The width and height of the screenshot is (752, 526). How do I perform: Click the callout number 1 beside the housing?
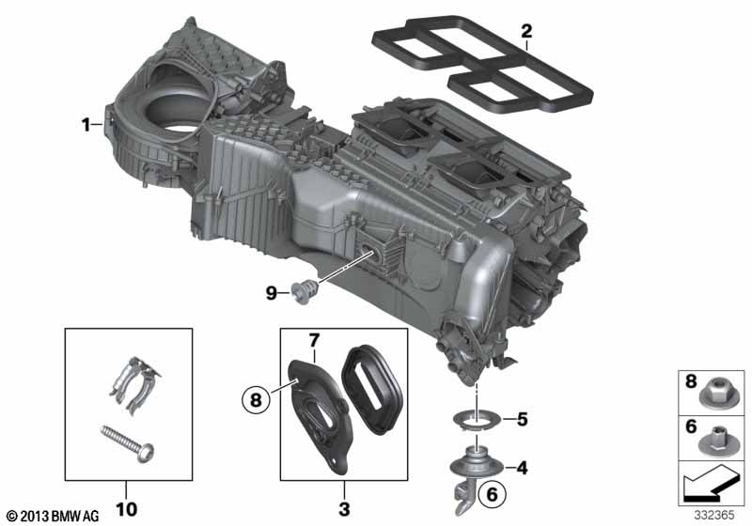(86, 126)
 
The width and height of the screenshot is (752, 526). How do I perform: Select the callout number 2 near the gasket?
(526, 32)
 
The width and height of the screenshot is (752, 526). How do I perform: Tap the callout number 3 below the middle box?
(344, 509)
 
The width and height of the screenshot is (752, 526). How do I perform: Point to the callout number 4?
(522, 468)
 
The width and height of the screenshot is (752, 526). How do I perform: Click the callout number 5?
(523, 420)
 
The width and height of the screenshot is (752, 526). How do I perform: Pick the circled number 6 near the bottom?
(493, 494)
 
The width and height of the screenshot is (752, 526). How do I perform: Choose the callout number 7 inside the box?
(314, 341)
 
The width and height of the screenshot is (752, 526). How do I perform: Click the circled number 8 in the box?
(256, 398)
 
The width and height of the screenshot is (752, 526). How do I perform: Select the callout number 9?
(272, 293)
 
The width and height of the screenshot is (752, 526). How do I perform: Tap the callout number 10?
(126, 509)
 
